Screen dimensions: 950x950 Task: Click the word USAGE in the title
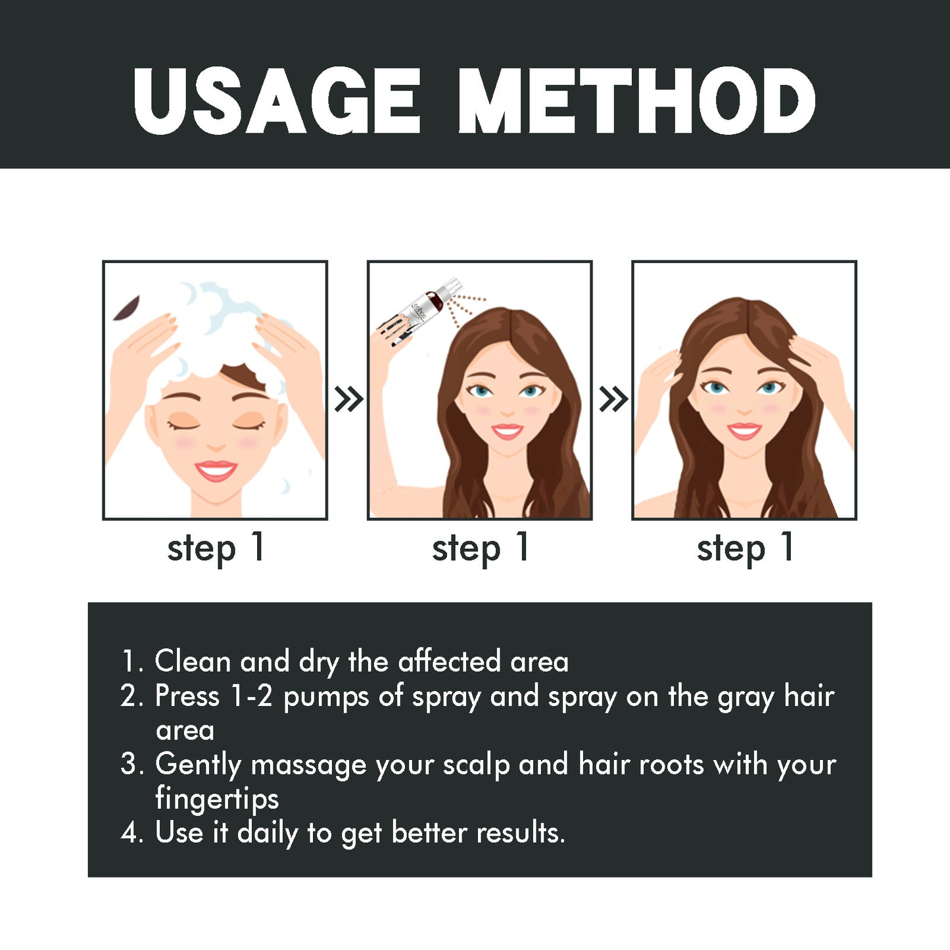click(276, 102)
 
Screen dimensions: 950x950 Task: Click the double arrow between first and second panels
click(348, 399)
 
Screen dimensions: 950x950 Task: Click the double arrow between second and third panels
click(613, 399)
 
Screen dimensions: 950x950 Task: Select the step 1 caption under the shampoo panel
click(215, 548)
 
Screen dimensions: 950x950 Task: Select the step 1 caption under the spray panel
click(480, 548)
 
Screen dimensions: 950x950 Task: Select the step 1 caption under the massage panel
click(745, 548)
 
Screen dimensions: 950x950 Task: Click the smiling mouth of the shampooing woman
click(216, 471)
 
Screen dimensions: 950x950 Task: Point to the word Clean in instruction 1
click(193, 661)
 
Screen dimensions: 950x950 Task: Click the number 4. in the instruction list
click(131, 833)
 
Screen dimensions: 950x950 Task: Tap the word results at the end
click(519, 833)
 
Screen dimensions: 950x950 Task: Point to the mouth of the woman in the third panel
click(744, 431)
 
